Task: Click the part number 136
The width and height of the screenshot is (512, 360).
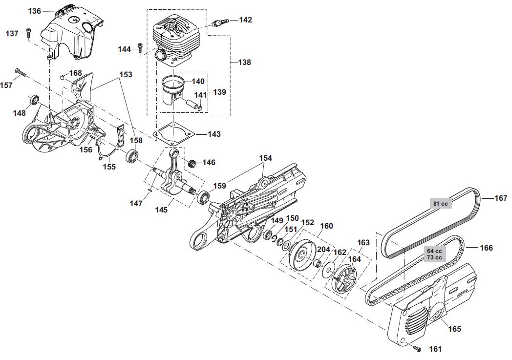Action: point(35,11)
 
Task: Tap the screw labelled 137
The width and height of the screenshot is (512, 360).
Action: point(28,32)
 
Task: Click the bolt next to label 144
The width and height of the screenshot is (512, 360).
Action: point(140,48)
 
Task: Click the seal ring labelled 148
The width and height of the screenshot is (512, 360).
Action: point(34,100)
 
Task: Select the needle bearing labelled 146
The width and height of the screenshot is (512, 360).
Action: point(192,163)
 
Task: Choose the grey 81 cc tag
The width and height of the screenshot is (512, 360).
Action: point(441,204)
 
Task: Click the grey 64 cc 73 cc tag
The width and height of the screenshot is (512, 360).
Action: point(434,254)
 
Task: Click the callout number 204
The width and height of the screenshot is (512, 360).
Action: point(323,250)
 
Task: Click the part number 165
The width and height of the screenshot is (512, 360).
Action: point(454,329)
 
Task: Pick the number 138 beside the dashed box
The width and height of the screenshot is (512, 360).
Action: point(245,62)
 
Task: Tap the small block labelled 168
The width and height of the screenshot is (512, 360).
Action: point(62,77)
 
